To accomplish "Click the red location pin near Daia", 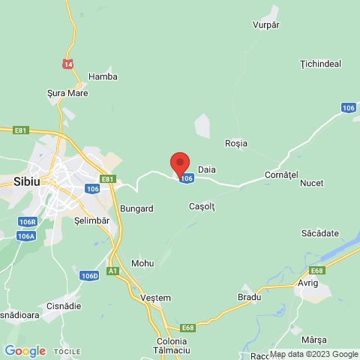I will [180, 164].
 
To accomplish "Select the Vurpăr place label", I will [266, 25].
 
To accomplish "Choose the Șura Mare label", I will [67, 93].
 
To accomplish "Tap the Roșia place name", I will [236, 143].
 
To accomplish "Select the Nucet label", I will [311, 183].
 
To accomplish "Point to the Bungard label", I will [136, 208].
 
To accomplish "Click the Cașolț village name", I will [202, 206].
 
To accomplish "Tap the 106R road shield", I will [28, 222].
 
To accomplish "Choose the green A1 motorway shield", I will [112, 271].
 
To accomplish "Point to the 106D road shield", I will [89, 276].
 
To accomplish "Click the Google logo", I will [25, 351].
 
